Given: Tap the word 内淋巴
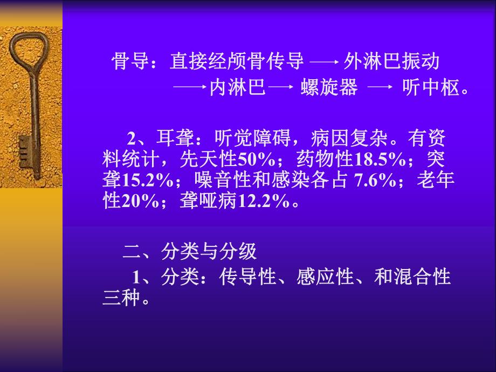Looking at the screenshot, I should pyautogui.click(x=237, y=88).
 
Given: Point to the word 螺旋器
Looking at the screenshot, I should pyautogui.click(x=329, y=88).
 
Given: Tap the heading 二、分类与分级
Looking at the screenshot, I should pyautogui.click(x=190, y=251).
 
